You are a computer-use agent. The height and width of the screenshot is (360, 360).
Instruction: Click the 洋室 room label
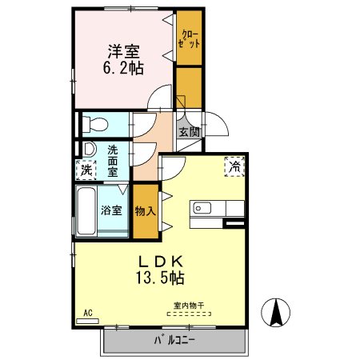pos(123,51)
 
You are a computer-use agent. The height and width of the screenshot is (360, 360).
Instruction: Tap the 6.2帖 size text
pos(123,68)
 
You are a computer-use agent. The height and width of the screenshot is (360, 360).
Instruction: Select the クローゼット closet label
pos(189,39)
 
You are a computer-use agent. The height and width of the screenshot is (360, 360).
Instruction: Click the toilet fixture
pos(95,124)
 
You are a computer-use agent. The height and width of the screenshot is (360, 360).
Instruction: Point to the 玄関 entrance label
pos(189,132)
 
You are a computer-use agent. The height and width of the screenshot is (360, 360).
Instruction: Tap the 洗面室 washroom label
pos(113,161)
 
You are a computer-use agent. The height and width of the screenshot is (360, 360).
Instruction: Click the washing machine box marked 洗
pos(86,170)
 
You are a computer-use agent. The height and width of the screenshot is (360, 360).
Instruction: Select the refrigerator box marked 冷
pos(234,166)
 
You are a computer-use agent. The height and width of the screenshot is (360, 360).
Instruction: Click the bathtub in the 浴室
pos(86,211)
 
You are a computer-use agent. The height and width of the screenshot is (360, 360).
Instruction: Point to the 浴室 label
pos(111,210)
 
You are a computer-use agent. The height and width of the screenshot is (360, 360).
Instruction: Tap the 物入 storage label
pos(146,211)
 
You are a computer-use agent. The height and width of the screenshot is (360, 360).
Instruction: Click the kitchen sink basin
pos(202,208)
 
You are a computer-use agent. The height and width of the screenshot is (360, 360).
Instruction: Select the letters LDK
pos(160,262)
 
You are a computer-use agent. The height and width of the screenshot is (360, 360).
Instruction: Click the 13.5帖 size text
pos(160,278)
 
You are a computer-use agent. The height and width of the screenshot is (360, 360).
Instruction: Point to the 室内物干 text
pos(189,306)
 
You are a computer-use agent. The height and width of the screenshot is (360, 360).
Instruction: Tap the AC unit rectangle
pos(87,322)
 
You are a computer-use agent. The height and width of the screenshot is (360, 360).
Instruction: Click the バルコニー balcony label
pos(174,340)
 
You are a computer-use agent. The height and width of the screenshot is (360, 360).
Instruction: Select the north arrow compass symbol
pos(275,313)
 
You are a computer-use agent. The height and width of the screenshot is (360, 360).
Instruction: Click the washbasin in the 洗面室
pos(90,149)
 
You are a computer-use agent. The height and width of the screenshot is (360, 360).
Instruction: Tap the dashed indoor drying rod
pos(189,314)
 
